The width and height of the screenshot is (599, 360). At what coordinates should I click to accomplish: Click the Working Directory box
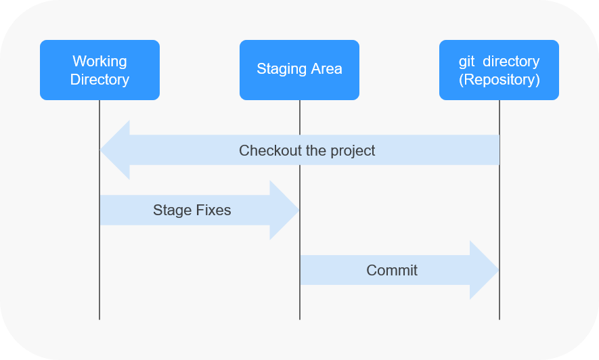[99, 70]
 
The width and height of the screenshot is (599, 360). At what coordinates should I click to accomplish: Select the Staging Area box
[299, 70]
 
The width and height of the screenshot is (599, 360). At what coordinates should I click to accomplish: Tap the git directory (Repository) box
[499, 70]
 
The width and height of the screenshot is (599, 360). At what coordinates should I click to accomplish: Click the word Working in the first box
[99, 62]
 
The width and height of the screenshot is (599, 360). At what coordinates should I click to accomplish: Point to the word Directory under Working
[99, 79]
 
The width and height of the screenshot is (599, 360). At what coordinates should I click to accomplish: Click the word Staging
[282, 69]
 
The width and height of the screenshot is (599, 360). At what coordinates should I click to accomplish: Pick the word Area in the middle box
[326, 69]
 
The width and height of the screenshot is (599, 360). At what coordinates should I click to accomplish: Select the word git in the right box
[466, 62]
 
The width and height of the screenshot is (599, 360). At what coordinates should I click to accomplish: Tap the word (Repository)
[500, 80]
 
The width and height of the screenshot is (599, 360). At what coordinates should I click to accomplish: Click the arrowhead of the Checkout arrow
[114, 150]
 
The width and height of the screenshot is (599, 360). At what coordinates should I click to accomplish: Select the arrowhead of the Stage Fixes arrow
[284, 210]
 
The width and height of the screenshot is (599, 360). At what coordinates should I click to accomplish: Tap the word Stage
[172, 210]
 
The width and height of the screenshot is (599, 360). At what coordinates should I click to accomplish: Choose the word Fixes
[213, 210]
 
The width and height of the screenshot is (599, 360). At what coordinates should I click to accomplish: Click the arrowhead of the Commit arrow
[484, 270]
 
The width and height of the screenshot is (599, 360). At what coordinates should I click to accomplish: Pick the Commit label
[392, 270]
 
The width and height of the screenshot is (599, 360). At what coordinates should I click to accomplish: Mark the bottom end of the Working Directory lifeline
[99, 319]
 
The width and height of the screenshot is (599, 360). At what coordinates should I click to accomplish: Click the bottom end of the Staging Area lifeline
[300, 319]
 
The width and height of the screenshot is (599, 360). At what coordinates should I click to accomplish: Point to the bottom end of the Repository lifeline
[500, 319]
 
